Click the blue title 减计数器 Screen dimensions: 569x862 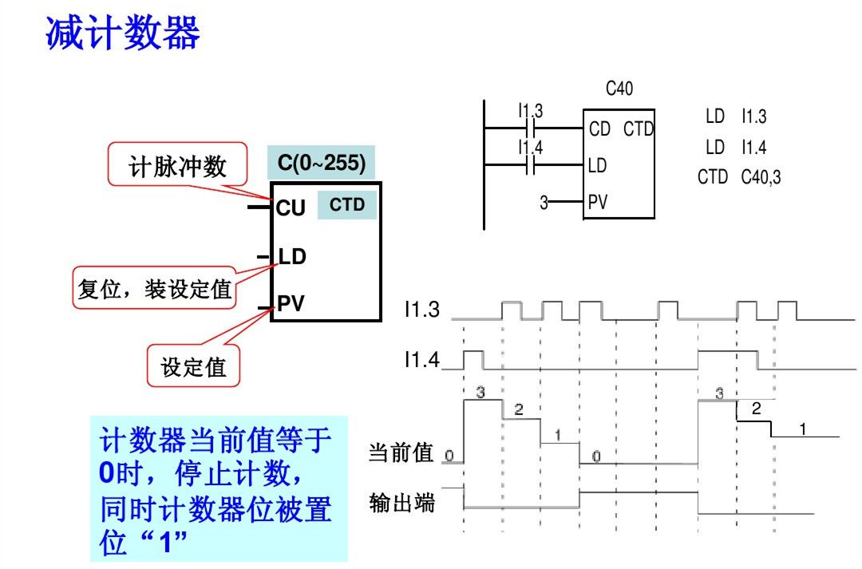122,33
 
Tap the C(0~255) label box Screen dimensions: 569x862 321,163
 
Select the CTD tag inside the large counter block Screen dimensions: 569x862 347,205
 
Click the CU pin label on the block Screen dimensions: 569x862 291,208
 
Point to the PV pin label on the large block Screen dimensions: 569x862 291,304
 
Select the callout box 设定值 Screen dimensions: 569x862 194,367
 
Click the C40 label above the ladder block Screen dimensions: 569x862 619,89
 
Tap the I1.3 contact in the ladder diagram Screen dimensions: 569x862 531,128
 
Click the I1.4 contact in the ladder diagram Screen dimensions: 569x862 531,165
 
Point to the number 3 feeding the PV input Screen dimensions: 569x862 544,203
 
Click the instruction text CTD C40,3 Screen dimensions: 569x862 739,176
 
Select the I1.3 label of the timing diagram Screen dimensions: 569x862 421,310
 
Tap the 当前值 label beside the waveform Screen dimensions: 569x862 401,453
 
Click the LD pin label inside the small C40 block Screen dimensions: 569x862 597,165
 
